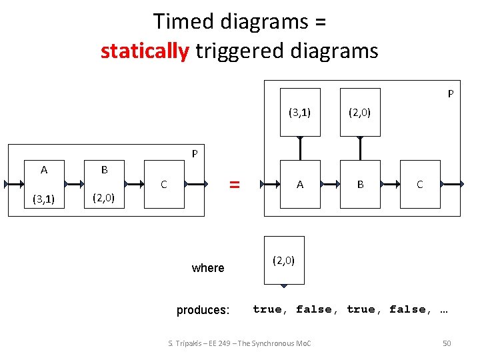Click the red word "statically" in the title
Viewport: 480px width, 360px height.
tap(145, 51)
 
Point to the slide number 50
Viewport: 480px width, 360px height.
tap(447, 343)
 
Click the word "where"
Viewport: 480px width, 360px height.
tap(208, 268)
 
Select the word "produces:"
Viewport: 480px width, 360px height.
tap(203, 310)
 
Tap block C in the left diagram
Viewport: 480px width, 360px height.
tap(164, 184)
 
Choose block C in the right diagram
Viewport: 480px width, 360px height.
tap(420, 185)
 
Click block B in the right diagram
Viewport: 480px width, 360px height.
tap(360, 185)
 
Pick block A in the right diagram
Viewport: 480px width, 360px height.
tap(300, 185)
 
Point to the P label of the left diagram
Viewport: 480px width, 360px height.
tap(195, 154)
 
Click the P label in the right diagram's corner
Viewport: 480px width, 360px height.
tap(451, 94)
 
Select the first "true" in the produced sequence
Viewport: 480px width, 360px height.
tap(268, 309)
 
